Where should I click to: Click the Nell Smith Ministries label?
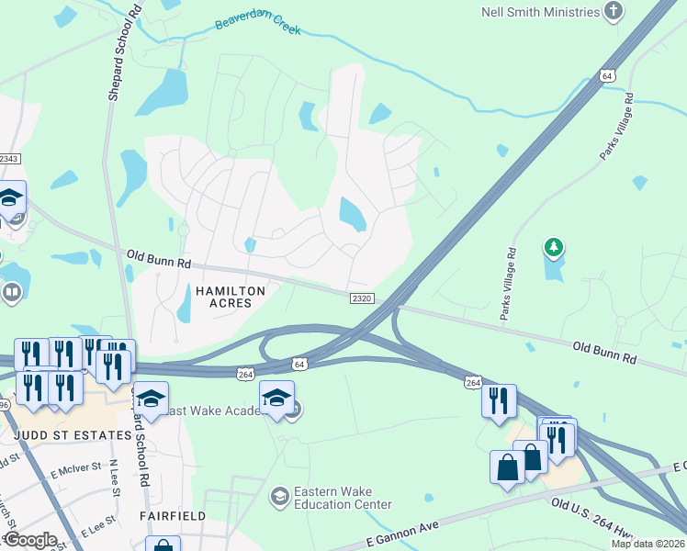pos(539,12)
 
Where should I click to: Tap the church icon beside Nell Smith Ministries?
pos(614,12)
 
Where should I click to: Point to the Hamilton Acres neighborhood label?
pos(231,297)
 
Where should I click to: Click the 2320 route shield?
pos(363,298)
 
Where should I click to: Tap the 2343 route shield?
pos(9,159)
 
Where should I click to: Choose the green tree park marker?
pos(553,246)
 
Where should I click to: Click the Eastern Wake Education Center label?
pos(343,498)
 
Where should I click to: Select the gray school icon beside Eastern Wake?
pos(278,497)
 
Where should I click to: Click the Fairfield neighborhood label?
pos(172,516)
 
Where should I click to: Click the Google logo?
pos(29,540)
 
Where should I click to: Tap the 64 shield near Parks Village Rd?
pos(607,75)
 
